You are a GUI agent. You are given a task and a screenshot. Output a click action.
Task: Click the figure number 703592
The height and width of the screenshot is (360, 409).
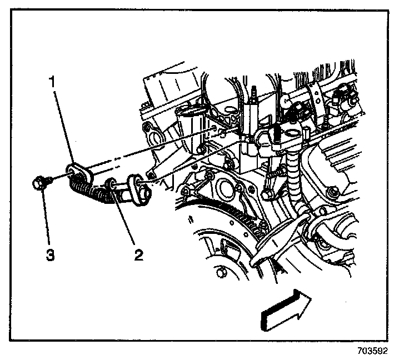[372, 351]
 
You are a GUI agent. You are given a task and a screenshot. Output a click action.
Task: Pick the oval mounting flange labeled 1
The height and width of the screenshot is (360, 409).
[78, 173]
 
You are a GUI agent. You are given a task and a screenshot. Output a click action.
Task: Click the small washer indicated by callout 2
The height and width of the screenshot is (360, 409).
[112, 183]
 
